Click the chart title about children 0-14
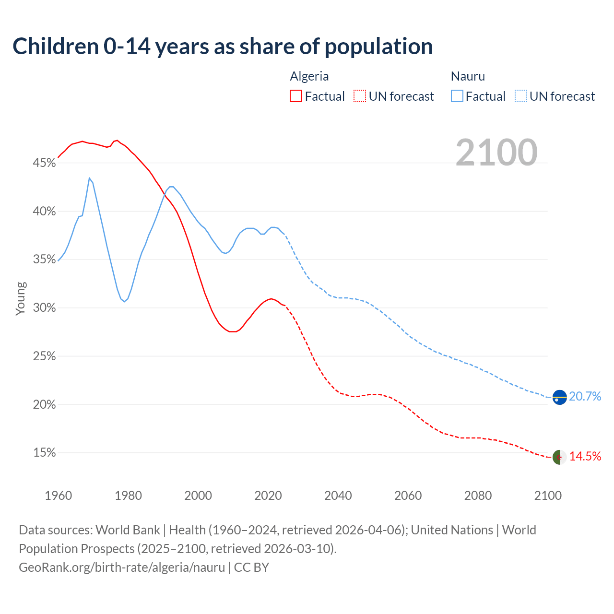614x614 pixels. [x=223, y=47]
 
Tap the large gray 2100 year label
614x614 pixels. [x=496, y=152]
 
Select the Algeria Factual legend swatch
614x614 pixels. [x=296, y=96]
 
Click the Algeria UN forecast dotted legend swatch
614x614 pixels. [x=360, y=96]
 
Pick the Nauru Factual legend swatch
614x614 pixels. [x=457, y=96]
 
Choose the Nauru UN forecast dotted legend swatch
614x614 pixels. [x=521, y=96]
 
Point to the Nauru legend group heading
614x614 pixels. [x=468, y=76]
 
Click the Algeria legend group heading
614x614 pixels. [x=309, y=76]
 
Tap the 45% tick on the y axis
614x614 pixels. [x=44, y=163]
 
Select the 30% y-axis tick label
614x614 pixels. [x=44, y=308]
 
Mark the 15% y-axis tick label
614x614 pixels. [x=44, y=453]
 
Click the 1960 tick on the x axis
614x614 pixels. [x=59, y=496]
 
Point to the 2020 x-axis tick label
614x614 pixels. [x=268, y=496]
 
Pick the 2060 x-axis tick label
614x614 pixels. [x=408, y=496]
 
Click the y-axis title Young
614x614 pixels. [x=21, y=298]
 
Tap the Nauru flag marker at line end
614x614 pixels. [x=559, y=397]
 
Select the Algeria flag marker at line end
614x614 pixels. [x=559, y=457]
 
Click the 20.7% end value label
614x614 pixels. [x=585, y=396]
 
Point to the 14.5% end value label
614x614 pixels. [x=585, y=456]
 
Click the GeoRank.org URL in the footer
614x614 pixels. [x=122, y=567]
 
